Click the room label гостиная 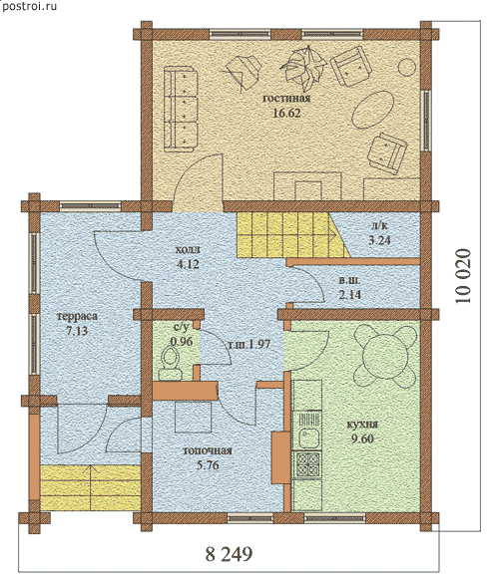tap(286, 99)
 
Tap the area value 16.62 tap(286, 113)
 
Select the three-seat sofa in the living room tap(181, 110)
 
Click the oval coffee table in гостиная tap(373, 110)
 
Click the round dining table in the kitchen tap(385, 355)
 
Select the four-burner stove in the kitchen tap(307, 464)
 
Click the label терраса tap(78, 317)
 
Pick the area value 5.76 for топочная tap(208, 465)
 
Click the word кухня tap(362, 425)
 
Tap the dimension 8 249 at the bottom tap(229, 554)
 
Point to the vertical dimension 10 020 tap(463, 276)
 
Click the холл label tap(188, 249)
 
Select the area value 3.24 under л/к tap(379, 240)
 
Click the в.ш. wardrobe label tap(350, 280)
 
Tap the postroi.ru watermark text tap(29, 6)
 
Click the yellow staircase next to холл tap(293, 234)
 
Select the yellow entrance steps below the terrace tap(90, 488)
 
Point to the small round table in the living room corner tap(406, 68)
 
